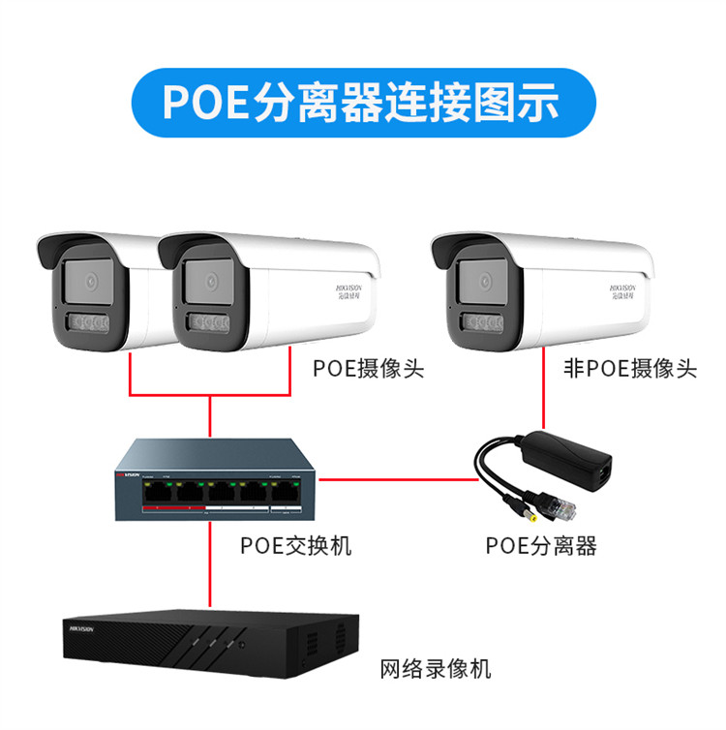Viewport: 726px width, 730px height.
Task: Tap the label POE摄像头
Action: (368, 369)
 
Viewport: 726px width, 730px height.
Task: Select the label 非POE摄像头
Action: (629, 369)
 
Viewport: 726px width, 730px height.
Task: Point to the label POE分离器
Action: (541, 546)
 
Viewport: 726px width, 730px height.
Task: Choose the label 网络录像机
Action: (435, 668)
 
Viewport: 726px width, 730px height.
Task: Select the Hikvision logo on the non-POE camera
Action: (625, 291)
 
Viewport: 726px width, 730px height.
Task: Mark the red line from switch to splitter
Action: (397, 478)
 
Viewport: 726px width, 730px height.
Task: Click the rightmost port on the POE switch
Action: (285, 492)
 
